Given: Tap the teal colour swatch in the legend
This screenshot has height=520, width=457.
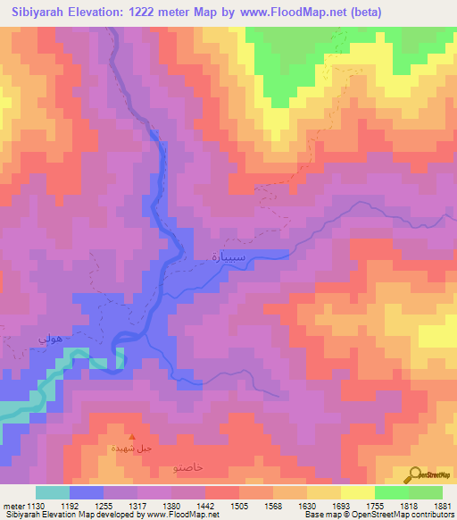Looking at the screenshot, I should pyautogui.click(x=53, y=492).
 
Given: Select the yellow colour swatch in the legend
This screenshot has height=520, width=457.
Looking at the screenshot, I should pyautogui.click(x=358, y=492).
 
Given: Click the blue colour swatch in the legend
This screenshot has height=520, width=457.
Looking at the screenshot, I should pyautogui.click(x=87, y=492).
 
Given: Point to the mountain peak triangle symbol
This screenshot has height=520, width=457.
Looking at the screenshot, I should pyautogui.click(x=132, y=438).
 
